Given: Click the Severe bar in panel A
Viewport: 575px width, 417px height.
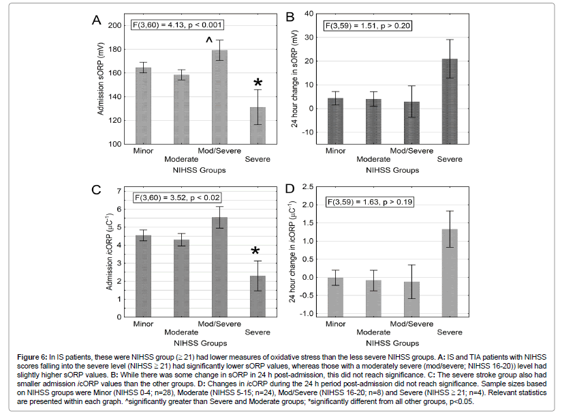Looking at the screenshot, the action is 258,126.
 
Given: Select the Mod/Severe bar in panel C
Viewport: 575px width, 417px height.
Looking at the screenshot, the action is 219,267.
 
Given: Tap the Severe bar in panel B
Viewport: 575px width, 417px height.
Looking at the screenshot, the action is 450,102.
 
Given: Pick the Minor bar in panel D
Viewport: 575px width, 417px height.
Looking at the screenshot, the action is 336,298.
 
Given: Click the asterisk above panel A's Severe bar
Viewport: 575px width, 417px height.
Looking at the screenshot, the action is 258,83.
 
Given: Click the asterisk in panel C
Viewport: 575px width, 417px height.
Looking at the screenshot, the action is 255,251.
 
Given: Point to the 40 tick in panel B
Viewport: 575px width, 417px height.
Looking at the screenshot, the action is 309,14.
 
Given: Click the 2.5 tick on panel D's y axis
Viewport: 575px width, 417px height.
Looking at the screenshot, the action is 308,186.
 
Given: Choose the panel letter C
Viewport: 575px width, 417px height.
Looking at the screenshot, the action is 96,190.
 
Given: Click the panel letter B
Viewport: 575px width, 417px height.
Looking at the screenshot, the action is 290,16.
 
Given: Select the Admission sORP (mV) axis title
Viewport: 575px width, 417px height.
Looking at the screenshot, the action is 100,79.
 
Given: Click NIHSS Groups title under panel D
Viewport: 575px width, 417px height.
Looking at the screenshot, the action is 392,343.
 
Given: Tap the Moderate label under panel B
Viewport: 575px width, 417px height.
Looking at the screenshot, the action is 373,159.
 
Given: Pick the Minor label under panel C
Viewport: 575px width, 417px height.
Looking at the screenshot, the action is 143,323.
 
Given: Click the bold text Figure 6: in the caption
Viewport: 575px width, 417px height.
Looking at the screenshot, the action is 32,357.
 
